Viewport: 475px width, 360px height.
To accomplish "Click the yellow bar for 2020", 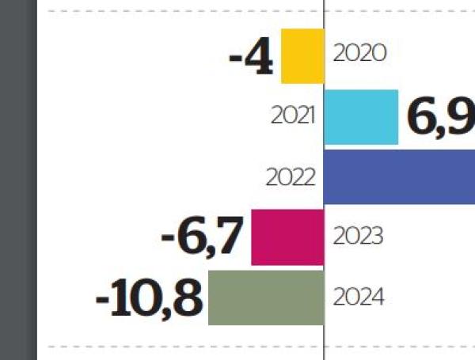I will (x=302, y=55).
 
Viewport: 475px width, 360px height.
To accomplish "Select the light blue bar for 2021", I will (x=361, y=117).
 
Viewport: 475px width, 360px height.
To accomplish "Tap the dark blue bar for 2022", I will (x=400, y=176).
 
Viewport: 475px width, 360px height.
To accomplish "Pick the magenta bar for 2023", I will (x=287, y=237).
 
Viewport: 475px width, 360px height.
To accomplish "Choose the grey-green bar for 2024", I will (x=266, y=297).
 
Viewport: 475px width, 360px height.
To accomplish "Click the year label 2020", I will (x=359, y=54).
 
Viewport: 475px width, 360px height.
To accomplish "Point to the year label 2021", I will (x=292, y=116).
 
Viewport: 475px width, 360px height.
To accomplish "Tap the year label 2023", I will (x=359, y=237).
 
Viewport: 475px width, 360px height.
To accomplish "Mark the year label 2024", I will (x=359, y=297).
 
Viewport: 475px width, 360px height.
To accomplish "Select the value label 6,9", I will (x=440, y=116).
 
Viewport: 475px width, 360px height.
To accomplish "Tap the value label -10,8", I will (x=149, y=299).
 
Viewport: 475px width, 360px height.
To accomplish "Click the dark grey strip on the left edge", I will (x=18, y=180).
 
